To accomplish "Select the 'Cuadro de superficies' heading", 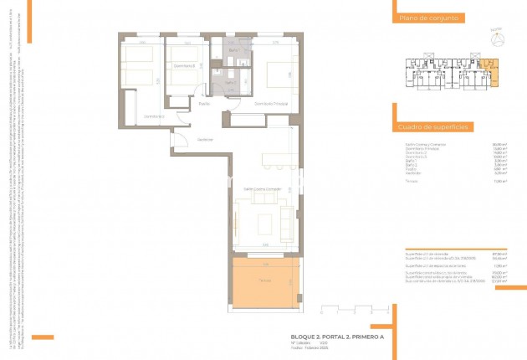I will tap(433, 126).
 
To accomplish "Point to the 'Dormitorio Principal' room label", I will tap(270, 104).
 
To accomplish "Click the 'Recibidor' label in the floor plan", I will tap(205, 139).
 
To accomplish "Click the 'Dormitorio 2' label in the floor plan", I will tap(184, 65).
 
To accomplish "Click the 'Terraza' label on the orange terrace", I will tap(264, 280).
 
